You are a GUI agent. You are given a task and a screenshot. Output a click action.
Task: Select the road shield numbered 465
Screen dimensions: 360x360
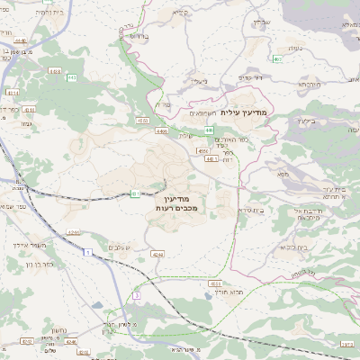click(277, 58)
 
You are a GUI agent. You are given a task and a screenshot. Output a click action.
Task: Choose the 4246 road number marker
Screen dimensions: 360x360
click(74, 232)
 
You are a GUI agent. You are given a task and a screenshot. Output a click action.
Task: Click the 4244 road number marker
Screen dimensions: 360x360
click(157, 255)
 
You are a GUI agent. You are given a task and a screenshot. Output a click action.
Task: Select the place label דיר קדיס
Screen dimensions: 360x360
click(249, 78)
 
